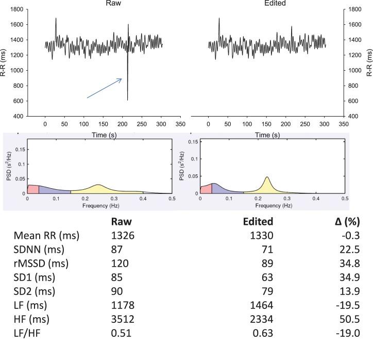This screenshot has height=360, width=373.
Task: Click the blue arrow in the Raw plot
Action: point(104,88)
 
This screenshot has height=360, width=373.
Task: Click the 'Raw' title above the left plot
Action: point(113,3)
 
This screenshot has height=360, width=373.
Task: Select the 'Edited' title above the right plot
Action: point(276,3)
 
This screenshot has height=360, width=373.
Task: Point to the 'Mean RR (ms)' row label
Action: point(47,236)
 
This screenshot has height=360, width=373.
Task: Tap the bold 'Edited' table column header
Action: point(258,222)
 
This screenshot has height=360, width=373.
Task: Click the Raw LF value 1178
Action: point(122,305)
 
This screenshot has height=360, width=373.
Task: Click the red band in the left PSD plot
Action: point(32,189)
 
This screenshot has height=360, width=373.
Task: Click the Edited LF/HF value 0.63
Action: point(264,333)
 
